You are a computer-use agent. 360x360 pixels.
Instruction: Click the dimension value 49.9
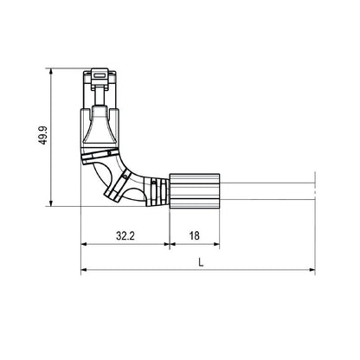coord(42,134)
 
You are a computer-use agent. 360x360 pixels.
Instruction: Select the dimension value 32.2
coord(125,235)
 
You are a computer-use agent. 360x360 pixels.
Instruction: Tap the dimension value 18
coord(193,235)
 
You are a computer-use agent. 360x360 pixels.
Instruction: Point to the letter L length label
coord(201,260)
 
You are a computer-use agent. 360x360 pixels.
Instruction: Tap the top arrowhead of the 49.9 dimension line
coord(54,67)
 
